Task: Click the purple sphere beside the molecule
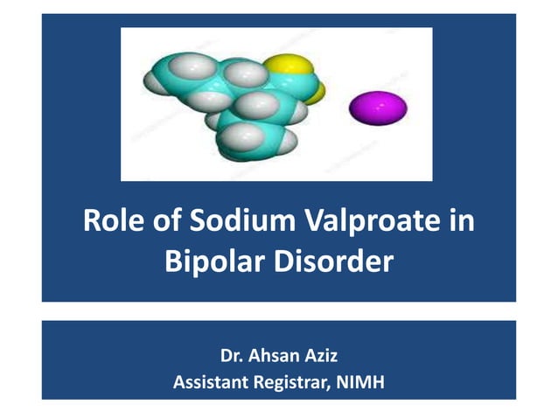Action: point(378,108)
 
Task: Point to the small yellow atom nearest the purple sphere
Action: point(317,91)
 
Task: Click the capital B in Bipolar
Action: point(173,261)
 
